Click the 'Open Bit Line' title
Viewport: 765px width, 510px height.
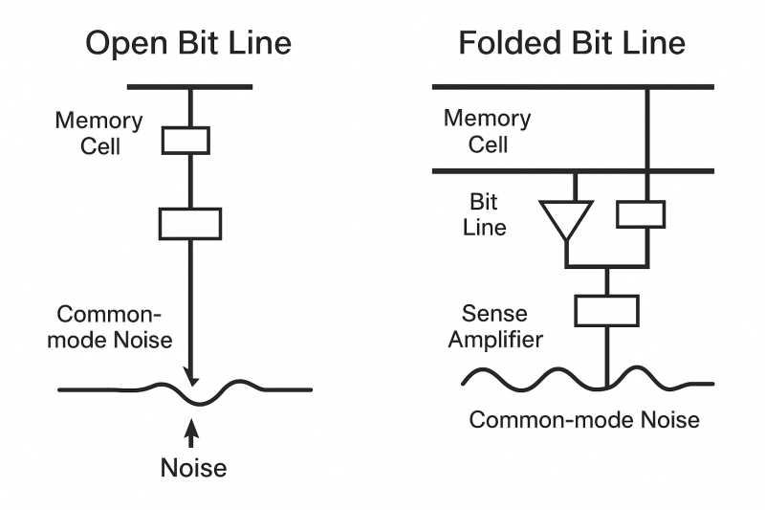pyautogui.click(x=188, y=43)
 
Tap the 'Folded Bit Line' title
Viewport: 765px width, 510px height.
pyautogui.click(x=572, y=43)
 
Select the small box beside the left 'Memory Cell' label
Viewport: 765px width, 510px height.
pyautogui.click(x=186, y=141)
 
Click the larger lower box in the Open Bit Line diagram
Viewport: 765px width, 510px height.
pyautogui.click(x=190, y=224)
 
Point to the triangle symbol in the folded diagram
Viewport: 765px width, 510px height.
pyautogui.click(x=566, y=220)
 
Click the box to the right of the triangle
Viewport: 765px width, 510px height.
pyautogui.click(x=641, y=214)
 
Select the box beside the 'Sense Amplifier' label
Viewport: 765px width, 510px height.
pyautogui.click(x=606, y=311)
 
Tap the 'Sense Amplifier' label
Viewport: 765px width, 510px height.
pyautogui.click(x=495, y=326)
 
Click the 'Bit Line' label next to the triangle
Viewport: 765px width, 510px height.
pyautogui.click(x=484, y=214)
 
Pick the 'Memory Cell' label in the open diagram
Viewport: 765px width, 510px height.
pyautogui.click(x=99, y=133)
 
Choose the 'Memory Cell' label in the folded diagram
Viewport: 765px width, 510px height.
pyautogui.click(x=488, y=131)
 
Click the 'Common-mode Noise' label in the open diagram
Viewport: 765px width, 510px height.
pyautogui.click(x=110, y=327)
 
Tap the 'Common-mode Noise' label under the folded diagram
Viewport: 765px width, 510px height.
pyautogui.click(x=584, y=420)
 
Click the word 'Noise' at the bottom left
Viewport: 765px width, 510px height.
pyautogui.click(x=194, y=468)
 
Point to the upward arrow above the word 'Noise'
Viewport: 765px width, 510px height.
pyautogui.click(x=191, y=432)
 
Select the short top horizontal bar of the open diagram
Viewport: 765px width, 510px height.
pyautogui.click(x=189, y=87)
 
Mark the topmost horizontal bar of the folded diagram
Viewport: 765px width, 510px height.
pyautogui.click(x=573, y=87)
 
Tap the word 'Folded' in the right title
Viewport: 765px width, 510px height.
pyautogui.click(x=511, y=43)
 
